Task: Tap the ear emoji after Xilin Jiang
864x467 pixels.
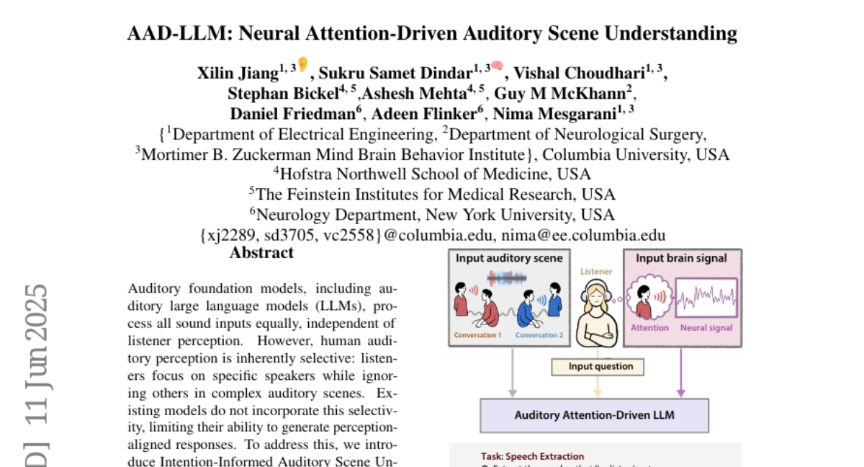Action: coord(303,66)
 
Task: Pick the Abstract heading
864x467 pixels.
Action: coord(261,253)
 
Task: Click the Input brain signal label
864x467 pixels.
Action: coord(680,258)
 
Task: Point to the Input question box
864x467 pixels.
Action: coord(597,367)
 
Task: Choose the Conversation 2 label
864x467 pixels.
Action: coord(540,335)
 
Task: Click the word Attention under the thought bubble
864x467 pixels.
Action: coord(650,328)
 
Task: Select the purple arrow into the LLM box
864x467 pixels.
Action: coord(681,378)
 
